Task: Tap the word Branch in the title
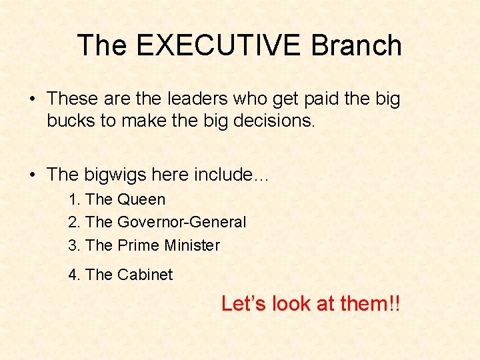(357, 45)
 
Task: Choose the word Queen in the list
(141, 199)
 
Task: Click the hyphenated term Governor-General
(182, 222)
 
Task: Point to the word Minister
(192, 245)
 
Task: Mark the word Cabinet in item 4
(145, 275)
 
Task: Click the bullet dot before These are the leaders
(32, 99)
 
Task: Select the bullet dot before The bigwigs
(32, 175)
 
